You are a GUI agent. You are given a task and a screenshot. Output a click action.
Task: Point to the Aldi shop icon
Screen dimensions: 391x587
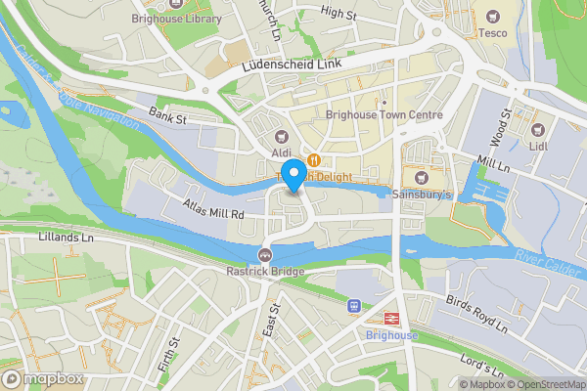tap(283, 138)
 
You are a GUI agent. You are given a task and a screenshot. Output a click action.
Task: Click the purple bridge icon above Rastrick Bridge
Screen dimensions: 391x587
tap(263, 255)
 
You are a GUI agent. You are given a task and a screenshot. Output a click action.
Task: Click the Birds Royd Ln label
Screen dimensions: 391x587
tap(478, 311)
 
